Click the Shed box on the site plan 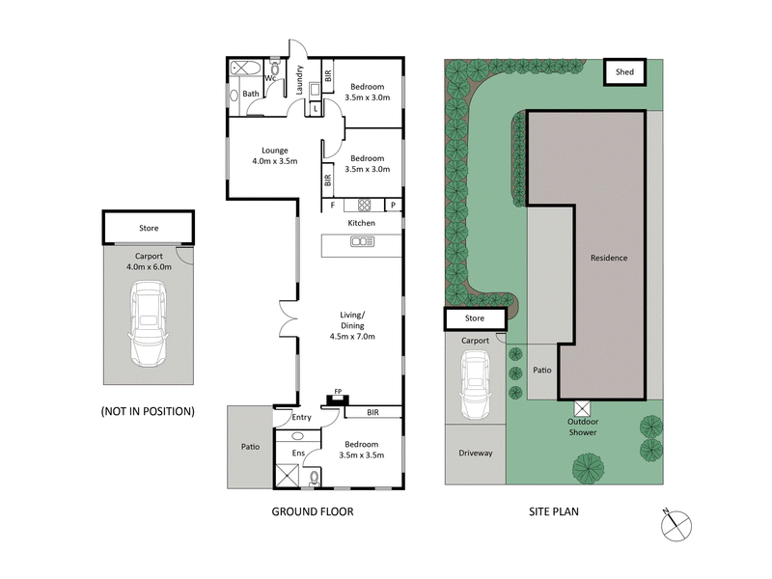(x=624, y=71)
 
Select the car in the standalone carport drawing (x=148, y=322)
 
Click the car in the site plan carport (x=475, y=383)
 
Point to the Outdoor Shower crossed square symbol (x=582, y=407)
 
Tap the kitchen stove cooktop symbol (x=365, y=205)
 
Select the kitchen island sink (x=363, y=242)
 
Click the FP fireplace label (x=337, y=391)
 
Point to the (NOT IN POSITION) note (x=148, y=411)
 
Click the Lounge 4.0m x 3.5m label (x=275, y=155)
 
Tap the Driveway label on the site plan (x=475, y=452)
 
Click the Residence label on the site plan (x=609, y=258)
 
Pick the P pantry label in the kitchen (x=393, y=205)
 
